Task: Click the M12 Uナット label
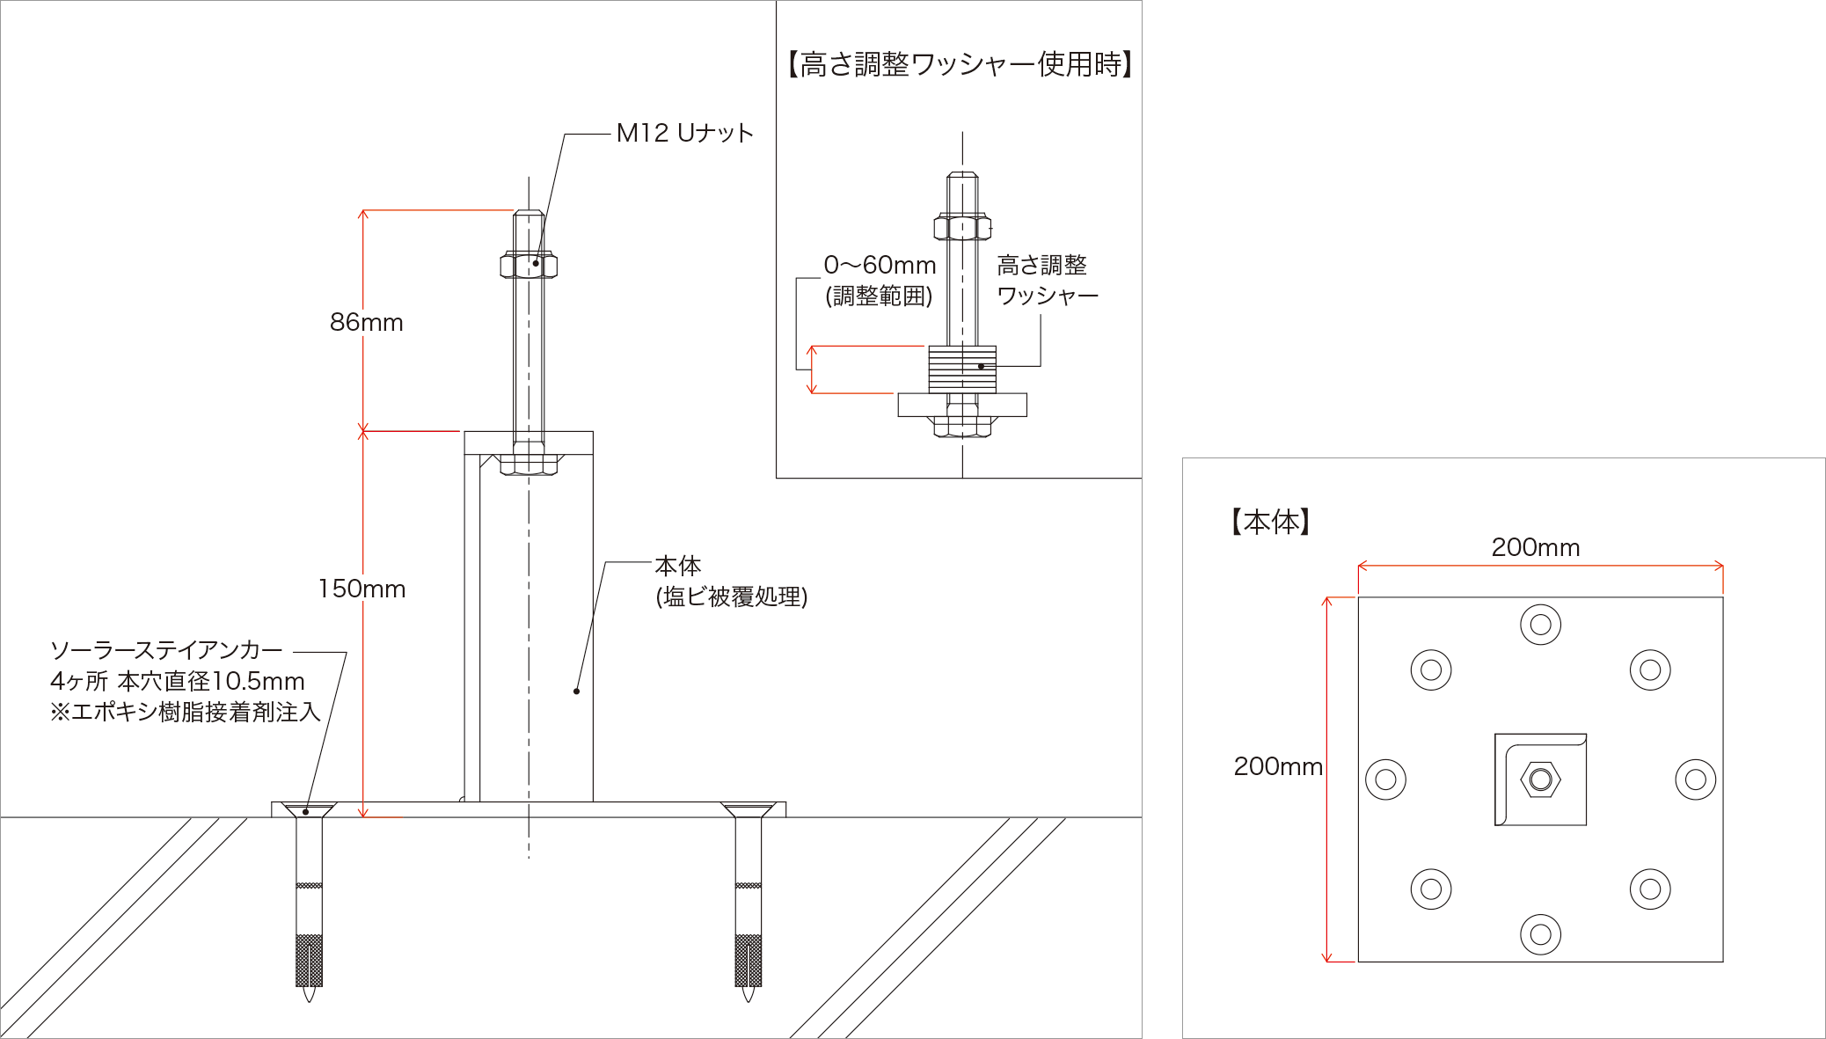pos(684,133)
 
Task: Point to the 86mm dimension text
pos(366,323)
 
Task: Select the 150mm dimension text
pos(362,589)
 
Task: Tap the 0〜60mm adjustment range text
pos(880,265)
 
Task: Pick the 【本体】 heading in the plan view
pos(1271,522)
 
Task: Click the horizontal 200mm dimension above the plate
pos(1536,547)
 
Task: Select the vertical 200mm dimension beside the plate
pos(1278,766)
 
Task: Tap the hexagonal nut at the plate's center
pos(1540,779)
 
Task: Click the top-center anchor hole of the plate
pos(1540,625)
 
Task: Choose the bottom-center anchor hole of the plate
pos(1540,934)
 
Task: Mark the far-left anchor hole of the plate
pos(1385,779)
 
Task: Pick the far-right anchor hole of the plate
pos(1696,779)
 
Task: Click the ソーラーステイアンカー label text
pos(166,650)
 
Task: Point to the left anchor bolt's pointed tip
pos(309,995)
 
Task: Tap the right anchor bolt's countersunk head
pos(748,809)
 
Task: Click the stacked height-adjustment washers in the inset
pos(962,370)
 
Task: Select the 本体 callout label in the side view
pos(677,566)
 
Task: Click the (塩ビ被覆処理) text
pos(731,596)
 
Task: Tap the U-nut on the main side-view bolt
pos(529,265)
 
